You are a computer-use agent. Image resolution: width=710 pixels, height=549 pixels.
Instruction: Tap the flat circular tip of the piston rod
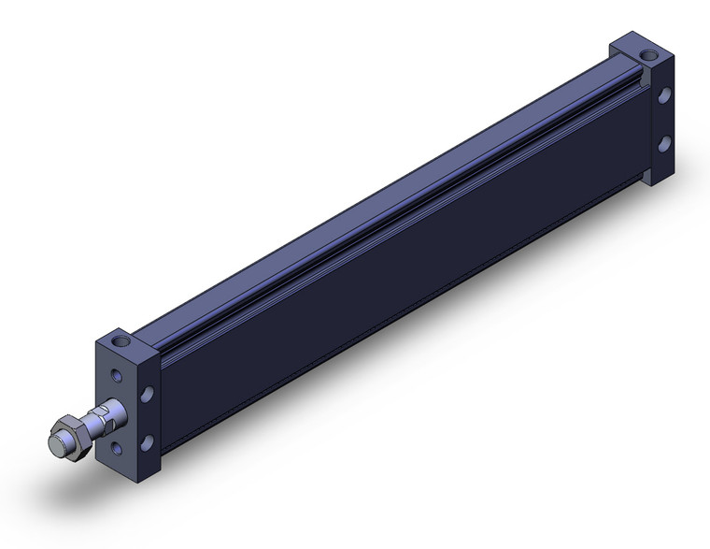tap(55, 442)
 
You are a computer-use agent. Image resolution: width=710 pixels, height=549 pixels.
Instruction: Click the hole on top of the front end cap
tap(120, 340)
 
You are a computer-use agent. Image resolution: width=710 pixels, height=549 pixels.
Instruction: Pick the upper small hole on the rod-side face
tap(116, 376)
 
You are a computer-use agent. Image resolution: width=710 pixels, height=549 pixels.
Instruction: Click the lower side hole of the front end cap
tap(147, 443)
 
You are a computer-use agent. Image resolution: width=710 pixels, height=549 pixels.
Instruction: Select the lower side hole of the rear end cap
tap(663, 143)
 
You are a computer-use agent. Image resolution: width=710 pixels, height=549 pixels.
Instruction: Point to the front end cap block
tap(131, 402)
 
